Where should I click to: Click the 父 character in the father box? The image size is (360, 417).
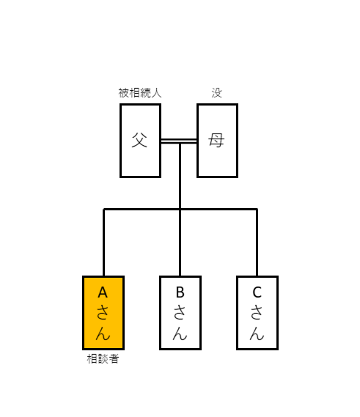click(139, 140)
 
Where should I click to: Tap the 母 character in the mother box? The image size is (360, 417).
click(216, 140)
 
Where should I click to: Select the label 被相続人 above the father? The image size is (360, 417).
click(140, 93)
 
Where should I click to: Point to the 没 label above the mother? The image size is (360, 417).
click(217, 93)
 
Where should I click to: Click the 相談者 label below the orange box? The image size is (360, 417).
click(103, 359)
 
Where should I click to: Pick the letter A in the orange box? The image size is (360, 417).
click(103, 292)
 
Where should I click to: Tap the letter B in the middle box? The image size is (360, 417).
click(180, 292)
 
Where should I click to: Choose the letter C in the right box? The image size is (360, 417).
click(257, 292)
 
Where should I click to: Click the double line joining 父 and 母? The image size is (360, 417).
click(179, 141)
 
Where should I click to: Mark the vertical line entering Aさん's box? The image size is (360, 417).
click(104, 243)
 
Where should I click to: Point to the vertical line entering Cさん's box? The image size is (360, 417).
click(257, 243)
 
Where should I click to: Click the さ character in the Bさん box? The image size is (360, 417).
click(180, 312)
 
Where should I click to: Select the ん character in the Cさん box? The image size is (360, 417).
click(257, 333)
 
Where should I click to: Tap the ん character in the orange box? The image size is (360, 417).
click(103, 333)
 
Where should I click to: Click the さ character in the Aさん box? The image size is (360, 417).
click(103, 312)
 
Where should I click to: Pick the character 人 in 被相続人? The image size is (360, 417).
click(156, 93)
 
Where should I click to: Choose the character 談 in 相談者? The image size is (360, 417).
click(103, 359)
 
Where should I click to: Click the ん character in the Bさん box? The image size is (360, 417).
click(180, 333)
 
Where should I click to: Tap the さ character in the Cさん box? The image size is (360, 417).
click(257, 312)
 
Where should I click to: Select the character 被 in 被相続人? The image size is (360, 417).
click(124, 93)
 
